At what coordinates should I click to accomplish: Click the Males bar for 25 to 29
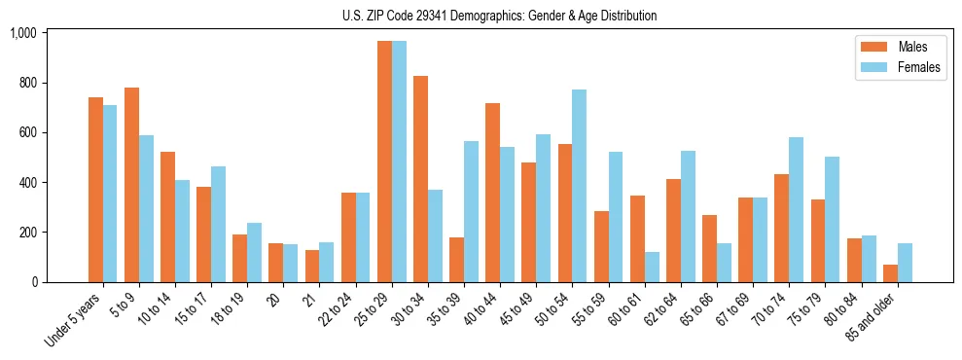tap(384, 162)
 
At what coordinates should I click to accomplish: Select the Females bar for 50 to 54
tap(580, 186)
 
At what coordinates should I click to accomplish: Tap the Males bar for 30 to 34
tap(420, 179)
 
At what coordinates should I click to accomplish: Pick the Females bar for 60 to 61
tap(652, 267)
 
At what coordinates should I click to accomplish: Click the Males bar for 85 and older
tap(891, 273)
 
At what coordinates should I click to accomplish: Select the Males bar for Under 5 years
tap(95, 190)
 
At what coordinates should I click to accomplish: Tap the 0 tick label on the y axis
tap(33, 282)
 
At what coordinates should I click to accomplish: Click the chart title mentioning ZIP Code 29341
tap(500, 16)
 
